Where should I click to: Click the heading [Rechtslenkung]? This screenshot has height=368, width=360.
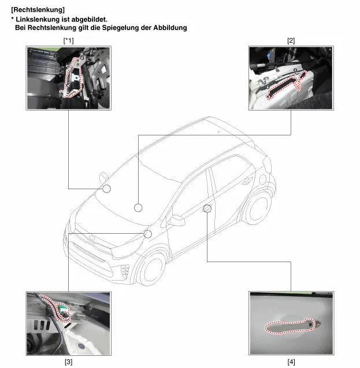pos(38,10)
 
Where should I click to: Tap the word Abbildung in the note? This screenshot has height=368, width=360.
pos(170,28)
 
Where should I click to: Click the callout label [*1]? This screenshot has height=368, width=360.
pos(68,41)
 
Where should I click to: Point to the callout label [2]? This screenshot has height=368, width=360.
pos(291,41)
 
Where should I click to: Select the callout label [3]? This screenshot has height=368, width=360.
pos(68,362)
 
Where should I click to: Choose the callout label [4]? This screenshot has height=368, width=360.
pos(291,362)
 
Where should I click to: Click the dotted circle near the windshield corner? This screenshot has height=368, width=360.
pos(107,189)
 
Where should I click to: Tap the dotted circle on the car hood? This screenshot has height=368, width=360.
pos(138,208)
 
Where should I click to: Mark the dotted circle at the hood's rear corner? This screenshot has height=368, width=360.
pos(148,234)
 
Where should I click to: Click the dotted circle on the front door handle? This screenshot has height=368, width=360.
pos(207,208)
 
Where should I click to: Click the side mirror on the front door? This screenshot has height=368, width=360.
pos(177,220)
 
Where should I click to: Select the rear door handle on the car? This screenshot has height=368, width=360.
pos(247,181)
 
